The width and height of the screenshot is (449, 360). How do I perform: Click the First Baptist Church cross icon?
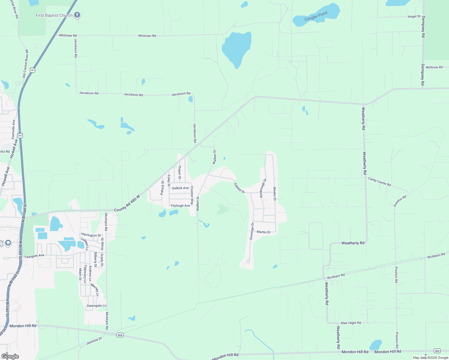(x=77, y=15)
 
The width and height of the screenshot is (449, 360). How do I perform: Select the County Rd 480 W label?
(x=127, y=204)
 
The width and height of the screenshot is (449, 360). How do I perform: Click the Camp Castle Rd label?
(x=379, y=182)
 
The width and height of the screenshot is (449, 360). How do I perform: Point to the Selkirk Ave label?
(x=180, y=188)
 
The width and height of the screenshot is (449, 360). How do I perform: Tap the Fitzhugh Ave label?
(x=180, y=206)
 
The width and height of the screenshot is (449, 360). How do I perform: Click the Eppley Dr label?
(x=239, y=188)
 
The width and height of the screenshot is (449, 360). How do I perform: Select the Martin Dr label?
(x=264, y=232)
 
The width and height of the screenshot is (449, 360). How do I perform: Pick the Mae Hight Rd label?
(x=351, y=323)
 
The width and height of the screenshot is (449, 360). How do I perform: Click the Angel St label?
(x=414, y=16)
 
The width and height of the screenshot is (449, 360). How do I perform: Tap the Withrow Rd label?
(x=434, y=67)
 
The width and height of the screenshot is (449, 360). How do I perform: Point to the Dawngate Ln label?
(x=96, y=306)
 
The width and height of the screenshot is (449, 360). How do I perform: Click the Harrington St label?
(x=91, y=235)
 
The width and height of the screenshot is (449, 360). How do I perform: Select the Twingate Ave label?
(x=34, y=256)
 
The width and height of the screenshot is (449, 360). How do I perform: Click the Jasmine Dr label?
(x=94, y=341)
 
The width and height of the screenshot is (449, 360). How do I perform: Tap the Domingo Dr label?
(x=252, y=231)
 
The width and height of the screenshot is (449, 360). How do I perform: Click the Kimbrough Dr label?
(x=263, y=188)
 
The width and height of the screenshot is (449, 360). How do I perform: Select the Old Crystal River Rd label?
(x=26, y=64)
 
